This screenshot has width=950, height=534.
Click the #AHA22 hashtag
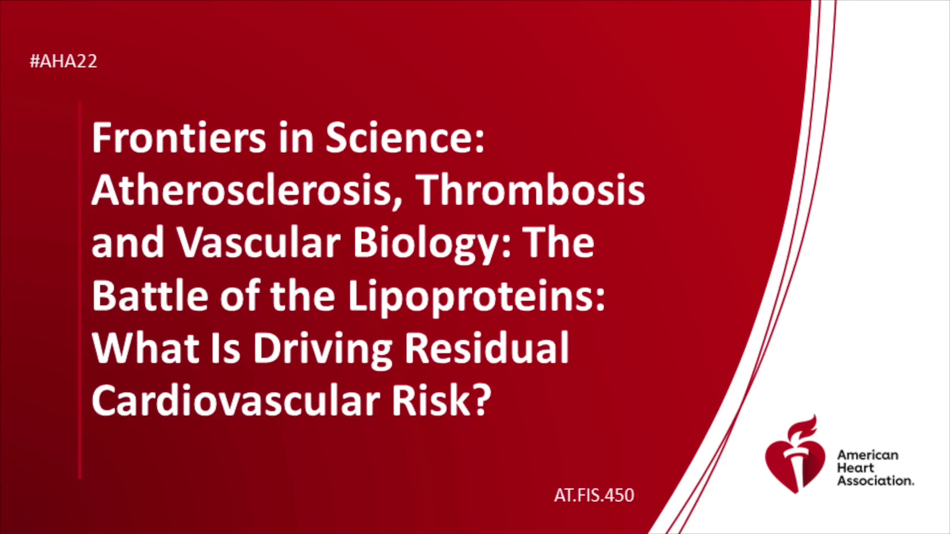[x=63, y=61]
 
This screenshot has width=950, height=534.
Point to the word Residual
[x=487, y=348]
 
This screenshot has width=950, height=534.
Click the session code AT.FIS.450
[x=594, y=495]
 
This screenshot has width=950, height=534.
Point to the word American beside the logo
[x=867, y=455]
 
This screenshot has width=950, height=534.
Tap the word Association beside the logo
[x=875, y=481]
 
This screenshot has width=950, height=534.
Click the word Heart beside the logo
[x=855, y=468]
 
